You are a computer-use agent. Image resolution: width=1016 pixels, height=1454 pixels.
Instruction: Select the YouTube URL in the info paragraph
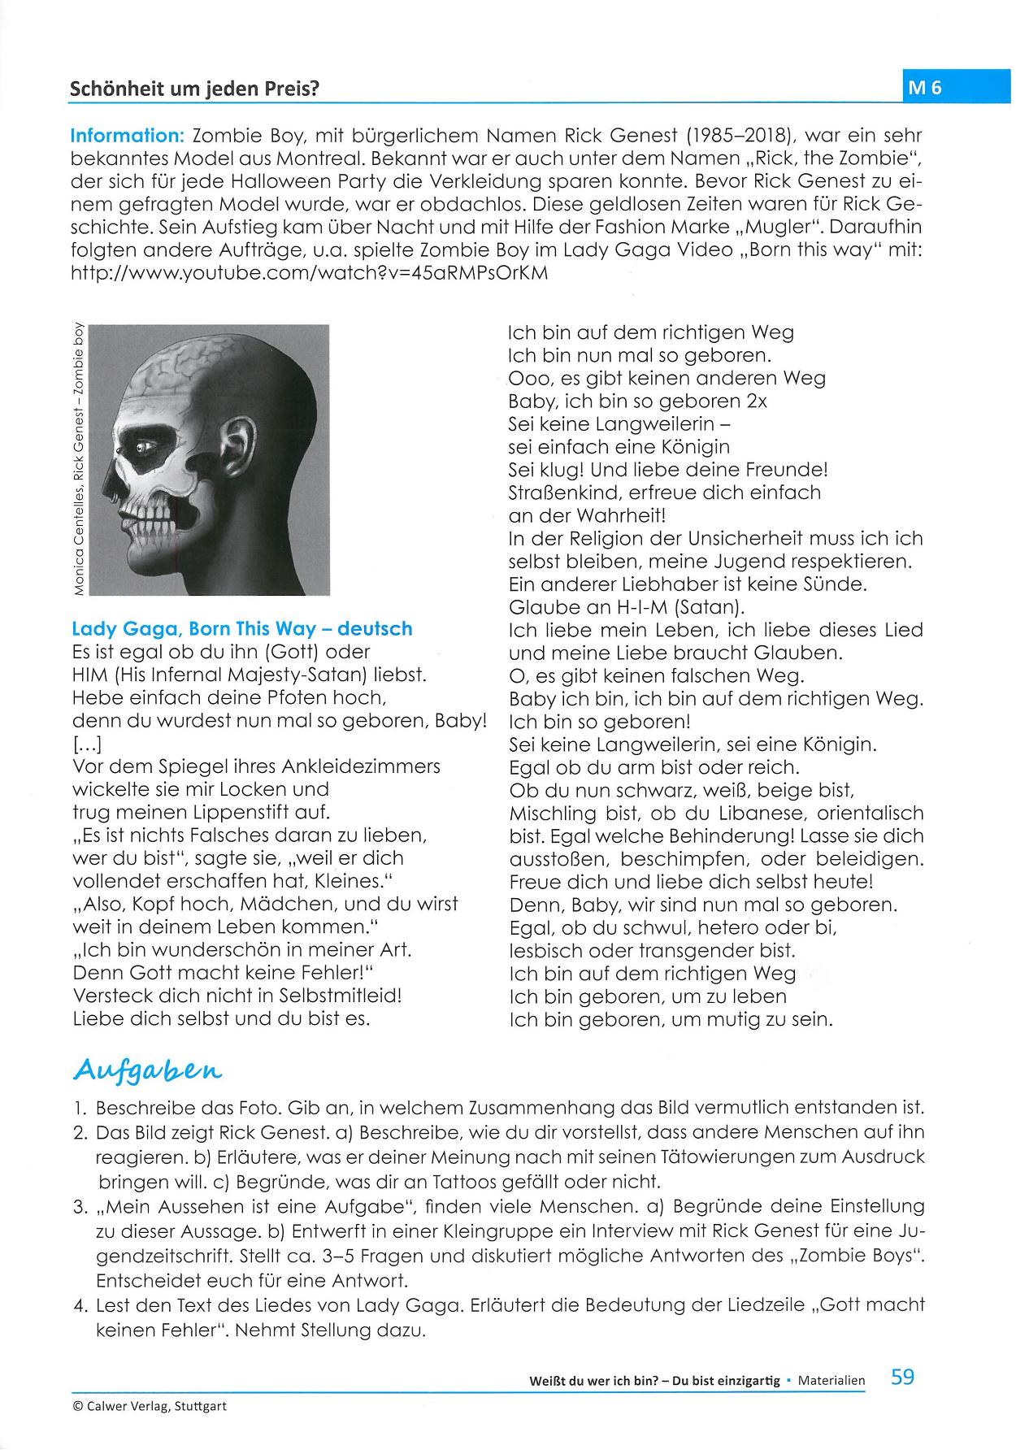pyautogui.click(x=310, y=273)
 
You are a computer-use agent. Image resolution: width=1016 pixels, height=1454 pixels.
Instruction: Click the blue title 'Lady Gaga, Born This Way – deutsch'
pyautogui.click(x=242, y=628)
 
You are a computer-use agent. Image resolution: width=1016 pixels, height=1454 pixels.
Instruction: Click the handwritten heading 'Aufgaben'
pyautogui.click(x=147, y=1071)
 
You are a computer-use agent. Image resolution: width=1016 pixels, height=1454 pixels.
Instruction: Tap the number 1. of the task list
pyautogui.click(x=80, y=1108)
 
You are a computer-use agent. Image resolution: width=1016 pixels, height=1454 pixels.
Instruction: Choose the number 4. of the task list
pyautogui.click(x=80, y=1305)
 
